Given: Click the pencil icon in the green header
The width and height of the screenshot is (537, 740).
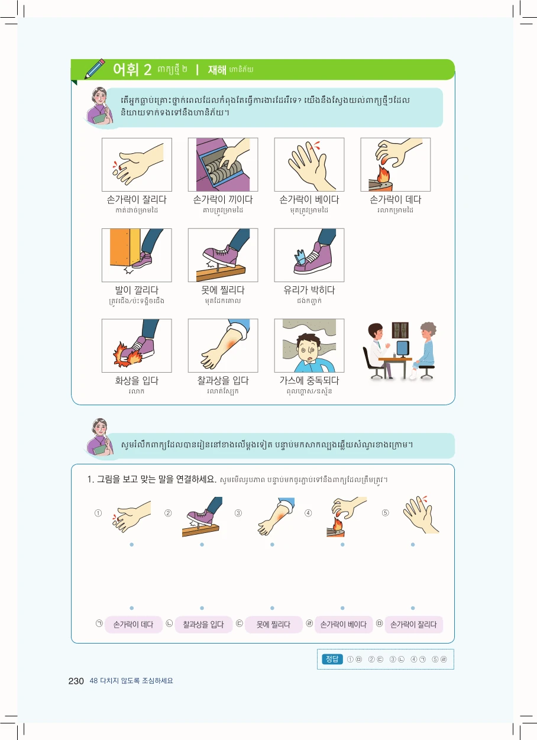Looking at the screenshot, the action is (x=95, y=69).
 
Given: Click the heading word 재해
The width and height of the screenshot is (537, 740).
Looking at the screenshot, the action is (x=217, y=70).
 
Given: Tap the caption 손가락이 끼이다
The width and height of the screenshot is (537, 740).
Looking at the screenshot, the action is (x=223, y=199).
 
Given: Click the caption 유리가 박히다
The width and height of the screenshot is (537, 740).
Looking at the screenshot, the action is (x=309, y=290).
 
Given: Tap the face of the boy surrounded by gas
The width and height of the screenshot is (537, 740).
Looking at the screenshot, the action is (x=309, y=349).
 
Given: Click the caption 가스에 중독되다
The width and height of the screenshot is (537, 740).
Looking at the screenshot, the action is (x=309, y=380).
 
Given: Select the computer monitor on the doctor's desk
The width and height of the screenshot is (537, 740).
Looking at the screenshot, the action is (x=403, y=348).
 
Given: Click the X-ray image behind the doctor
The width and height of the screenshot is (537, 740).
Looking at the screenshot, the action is (x=400, y=330).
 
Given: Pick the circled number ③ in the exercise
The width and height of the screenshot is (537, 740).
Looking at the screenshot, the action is (x=238, y=513).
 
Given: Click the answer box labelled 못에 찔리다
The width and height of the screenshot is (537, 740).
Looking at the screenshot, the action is (x=273, y=625).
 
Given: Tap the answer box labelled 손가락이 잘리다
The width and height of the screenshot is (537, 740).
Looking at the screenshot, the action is (x=414, y=625).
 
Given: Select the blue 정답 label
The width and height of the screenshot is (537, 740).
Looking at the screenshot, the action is (x=332, y=660).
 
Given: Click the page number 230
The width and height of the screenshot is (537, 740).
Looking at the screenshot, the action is (x=76, y=681).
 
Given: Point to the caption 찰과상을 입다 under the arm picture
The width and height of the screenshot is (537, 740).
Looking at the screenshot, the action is (x=223, y=380).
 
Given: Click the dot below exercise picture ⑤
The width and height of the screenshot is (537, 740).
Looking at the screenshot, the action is (x=413, y=544).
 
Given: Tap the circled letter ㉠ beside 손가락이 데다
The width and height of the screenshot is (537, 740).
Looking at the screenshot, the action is (x=99, y=623).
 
